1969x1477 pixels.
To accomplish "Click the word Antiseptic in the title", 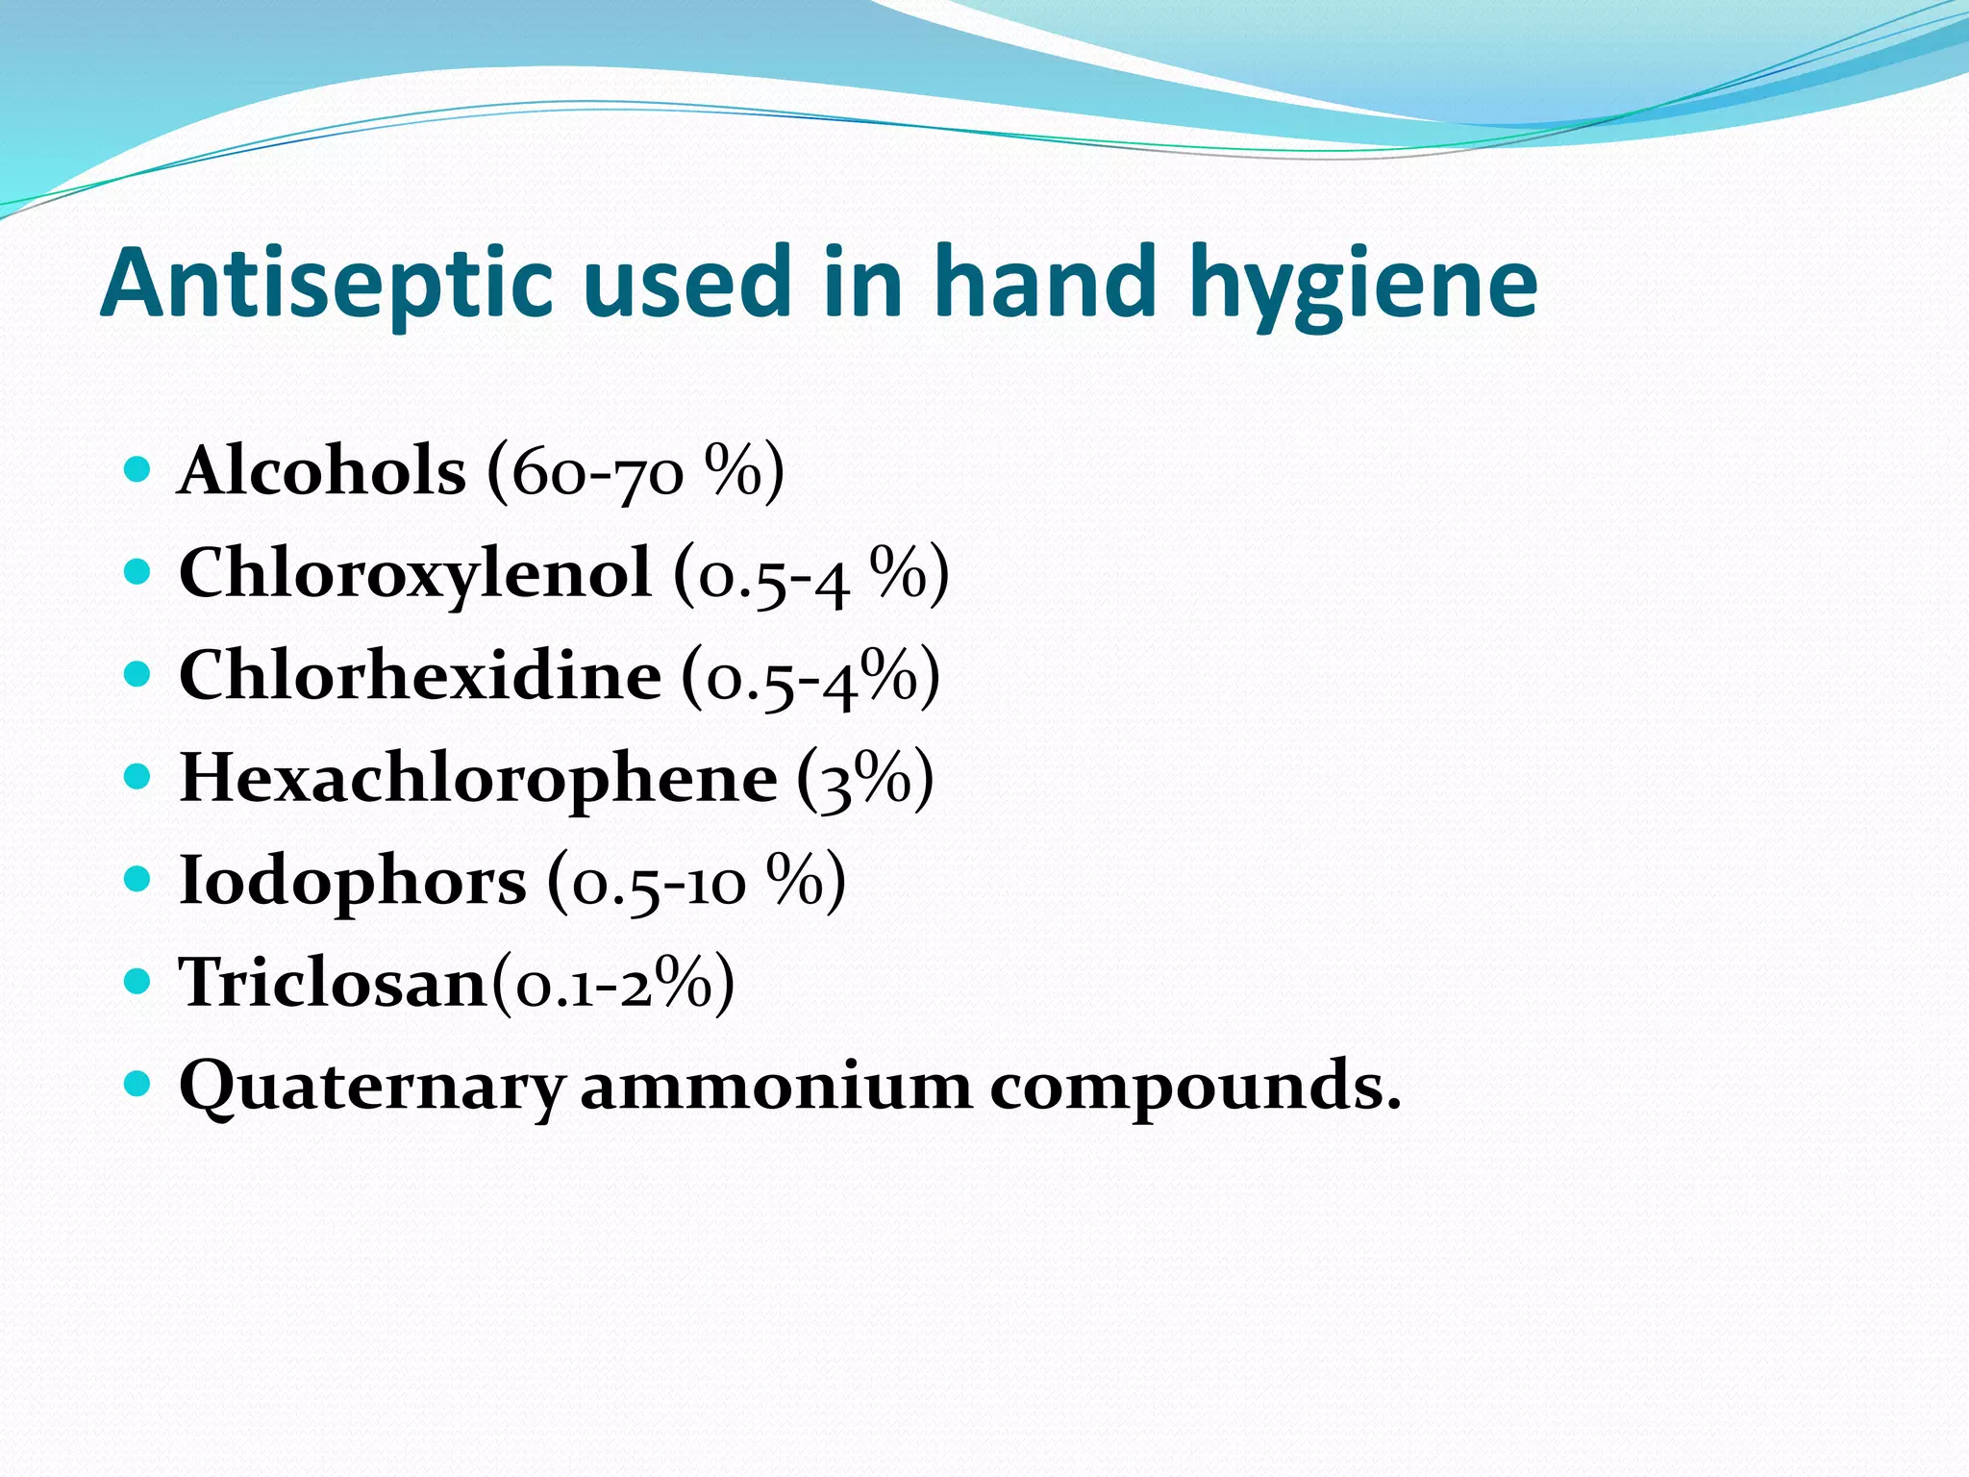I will (327, 284).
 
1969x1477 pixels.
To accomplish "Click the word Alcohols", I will (322, 471).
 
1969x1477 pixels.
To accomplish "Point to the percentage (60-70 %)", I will (636, 471).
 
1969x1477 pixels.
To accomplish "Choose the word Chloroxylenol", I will (414, 574).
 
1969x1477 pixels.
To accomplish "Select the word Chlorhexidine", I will (420, 675).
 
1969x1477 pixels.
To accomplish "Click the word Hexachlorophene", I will (478, 778).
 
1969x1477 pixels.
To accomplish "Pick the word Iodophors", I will (353, 881).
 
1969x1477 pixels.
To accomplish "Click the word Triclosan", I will (334, 983).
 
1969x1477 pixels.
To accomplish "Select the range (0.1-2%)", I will (613, 983).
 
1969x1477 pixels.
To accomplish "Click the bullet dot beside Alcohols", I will (138, 469).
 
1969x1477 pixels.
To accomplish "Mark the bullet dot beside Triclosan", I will (138, 981).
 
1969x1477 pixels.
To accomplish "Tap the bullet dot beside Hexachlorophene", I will (138, 776).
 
